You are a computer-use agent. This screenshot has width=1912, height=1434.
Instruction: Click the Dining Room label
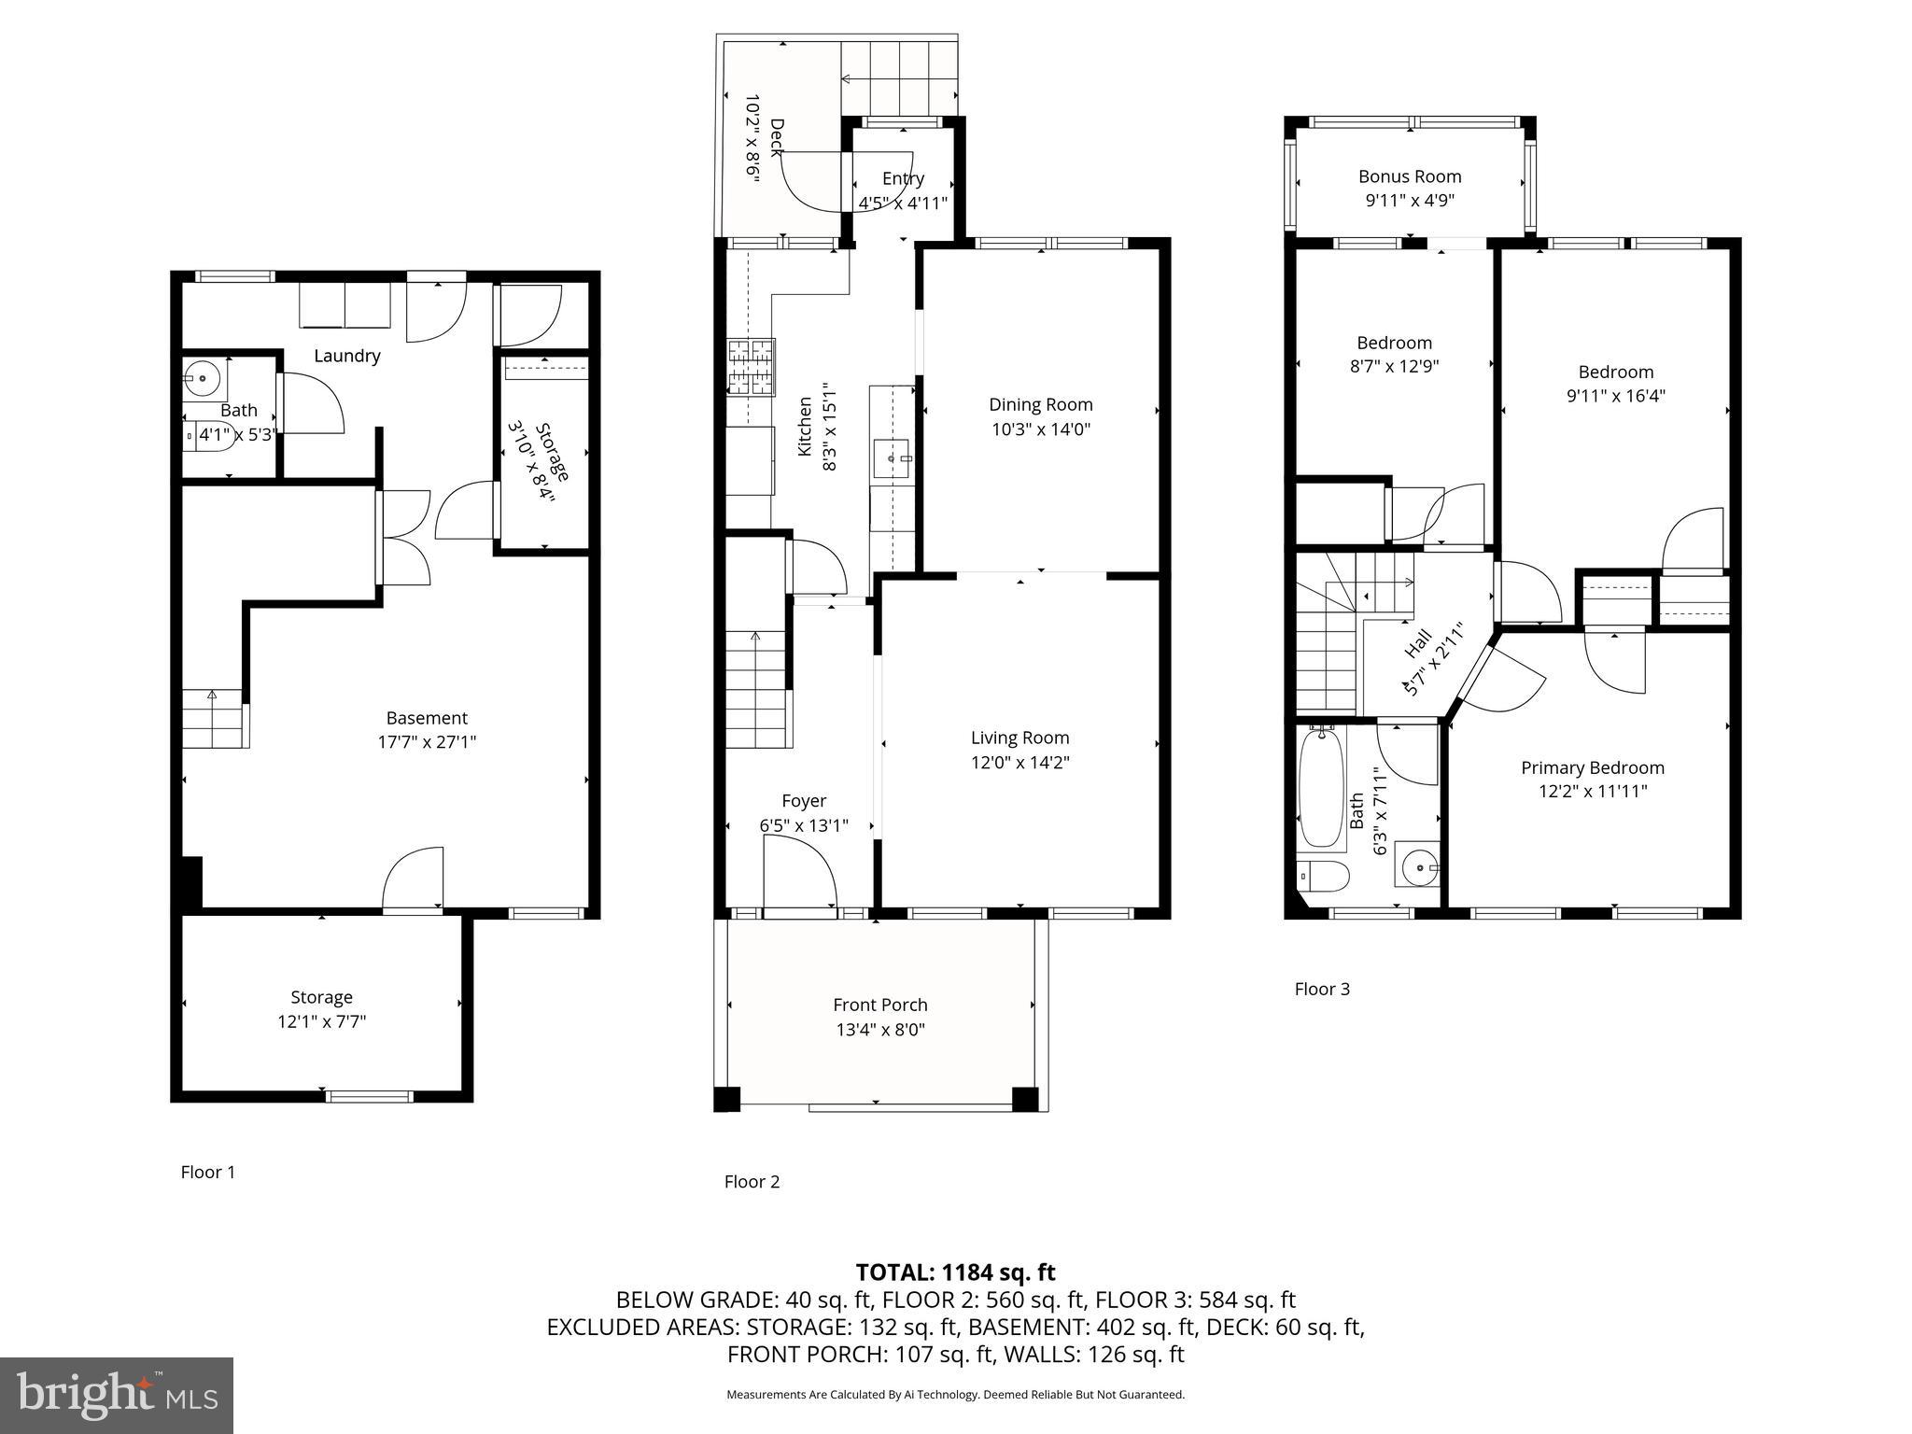pyautogui.click(x=1040, y=404)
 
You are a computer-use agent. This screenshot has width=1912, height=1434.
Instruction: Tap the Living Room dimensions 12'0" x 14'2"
pyautogui.click(x=1019, y=762)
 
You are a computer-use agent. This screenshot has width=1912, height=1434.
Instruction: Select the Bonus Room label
pyautogui.click(x=1409, y=176)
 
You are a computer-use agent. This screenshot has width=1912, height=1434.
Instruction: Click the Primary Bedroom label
pyautogui.click(x=1592, y=767)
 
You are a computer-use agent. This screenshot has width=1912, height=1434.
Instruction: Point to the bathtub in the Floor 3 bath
pyautogui.click(x=1321, y=787)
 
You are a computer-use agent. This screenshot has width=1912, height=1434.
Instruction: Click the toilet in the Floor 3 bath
pyautogui.click(x=1324, y=876)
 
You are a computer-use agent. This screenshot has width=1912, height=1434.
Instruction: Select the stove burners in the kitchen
pyautogui.click(x=751, y=366)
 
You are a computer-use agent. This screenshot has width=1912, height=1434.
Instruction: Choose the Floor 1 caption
pyautogui.click(x=207, y=1172)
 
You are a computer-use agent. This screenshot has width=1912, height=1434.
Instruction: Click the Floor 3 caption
pyautogui.click(x=1321, y=989)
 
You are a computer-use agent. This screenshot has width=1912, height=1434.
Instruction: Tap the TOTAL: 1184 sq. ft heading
pyautogui.click(x=955, y=1272)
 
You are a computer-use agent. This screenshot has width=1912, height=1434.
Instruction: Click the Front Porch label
pyautogui.click(x=879, y=1005)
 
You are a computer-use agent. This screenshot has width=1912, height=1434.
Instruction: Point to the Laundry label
pyautogui.click(x=346, y=356)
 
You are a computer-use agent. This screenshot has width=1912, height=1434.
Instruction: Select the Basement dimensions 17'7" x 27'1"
pyautogui.click(x=427, y=742)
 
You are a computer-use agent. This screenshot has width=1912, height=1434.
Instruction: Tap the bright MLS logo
pyautogui.click(x=117, y=1395)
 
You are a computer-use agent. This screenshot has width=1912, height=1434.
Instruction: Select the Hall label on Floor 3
pyautogui.click(x=1417, y=642)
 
